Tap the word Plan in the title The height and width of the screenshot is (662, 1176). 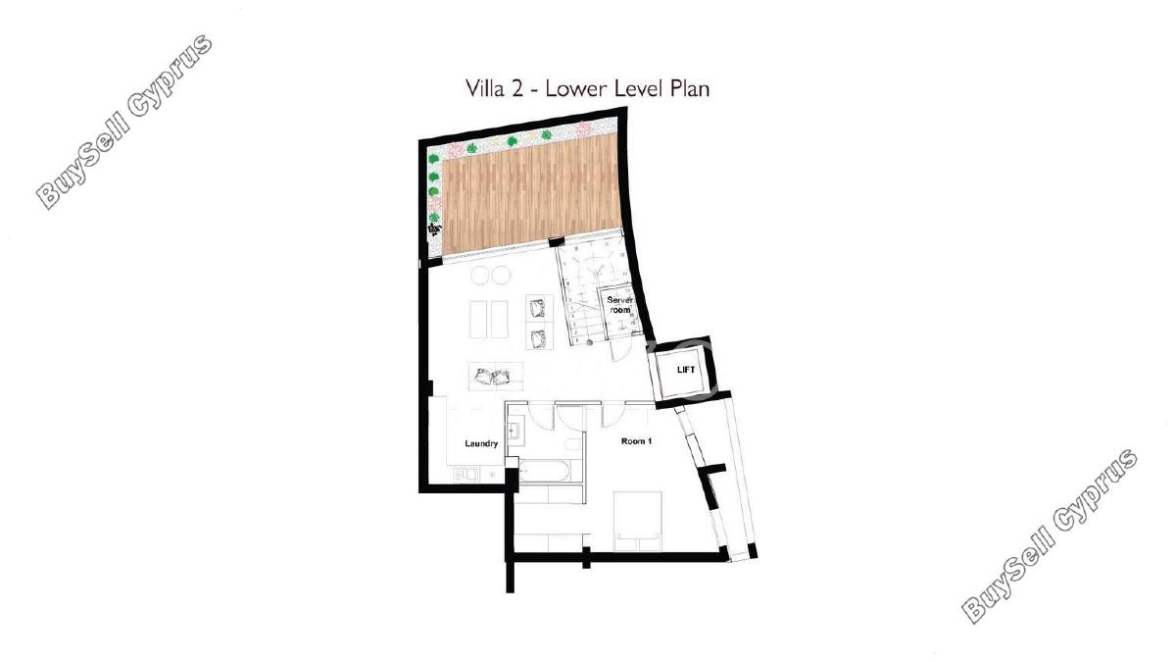point(689,88)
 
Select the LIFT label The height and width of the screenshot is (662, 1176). point(686,370)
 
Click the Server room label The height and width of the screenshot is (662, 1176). point(620,305)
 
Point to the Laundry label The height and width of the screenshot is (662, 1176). point(481,443)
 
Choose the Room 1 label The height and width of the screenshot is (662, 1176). point(636,441)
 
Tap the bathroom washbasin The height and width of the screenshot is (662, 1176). point(514,431)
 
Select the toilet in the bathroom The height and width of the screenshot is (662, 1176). point(574,444)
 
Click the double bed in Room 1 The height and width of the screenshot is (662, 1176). point(637,521)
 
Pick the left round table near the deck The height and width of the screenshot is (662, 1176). point(480,276)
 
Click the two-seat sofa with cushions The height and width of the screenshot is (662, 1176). point(496,377)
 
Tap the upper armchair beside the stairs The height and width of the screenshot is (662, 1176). point(539,308)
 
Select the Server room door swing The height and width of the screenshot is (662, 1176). point(619,349)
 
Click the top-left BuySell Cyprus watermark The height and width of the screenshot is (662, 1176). point(125,122)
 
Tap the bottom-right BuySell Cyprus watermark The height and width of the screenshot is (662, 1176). point(1050,535)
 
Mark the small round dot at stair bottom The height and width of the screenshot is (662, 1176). point(589,342)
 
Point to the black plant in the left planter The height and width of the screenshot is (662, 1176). point(435,229)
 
